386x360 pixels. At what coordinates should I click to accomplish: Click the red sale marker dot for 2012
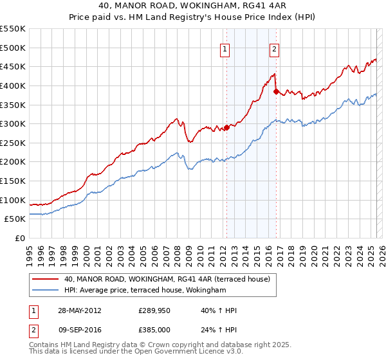[x=226, y=127]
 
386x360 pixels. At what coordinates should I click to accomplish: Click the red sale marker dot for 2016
[x=275, y=91]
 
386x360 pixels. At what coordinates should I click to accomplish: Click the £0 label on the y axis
[x=19, y=238]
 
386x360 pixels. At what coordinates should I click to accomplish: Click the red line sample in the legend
[x=45, y=279]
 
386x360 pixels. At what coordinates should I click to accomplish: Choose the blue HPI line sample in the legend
[x=45, y=291]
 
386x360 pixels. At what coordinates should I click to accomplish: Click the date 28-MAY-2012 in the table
[x=79, y=310]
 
